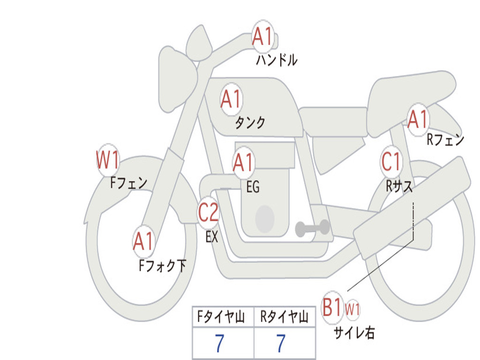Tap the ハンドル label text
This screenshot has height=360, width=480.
277,60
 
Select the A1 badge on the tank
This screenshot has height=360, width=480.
231,99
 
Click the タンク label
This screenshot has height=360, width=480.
250,123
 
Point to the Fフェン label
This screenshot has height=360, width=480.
129,182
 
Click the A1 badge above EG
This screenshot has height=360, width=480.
243,163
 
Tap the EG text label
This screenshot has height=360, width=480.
253,187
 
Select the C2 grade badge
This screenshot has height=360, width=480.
209,213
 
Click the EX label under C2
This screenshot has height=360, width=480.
212,237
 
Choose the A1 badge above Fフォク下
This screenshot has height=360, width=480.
143,241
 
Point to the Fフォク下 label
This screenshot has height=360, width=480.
162,266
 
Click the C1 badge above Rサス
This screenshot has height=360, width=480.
391,162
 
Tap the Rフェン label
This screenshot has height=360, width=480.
445,140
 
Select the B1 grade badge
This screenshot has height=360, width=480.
332,307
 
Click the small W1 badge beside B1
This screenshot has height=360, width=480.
352,309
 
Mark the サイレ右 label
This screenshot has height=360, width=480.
354,333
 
